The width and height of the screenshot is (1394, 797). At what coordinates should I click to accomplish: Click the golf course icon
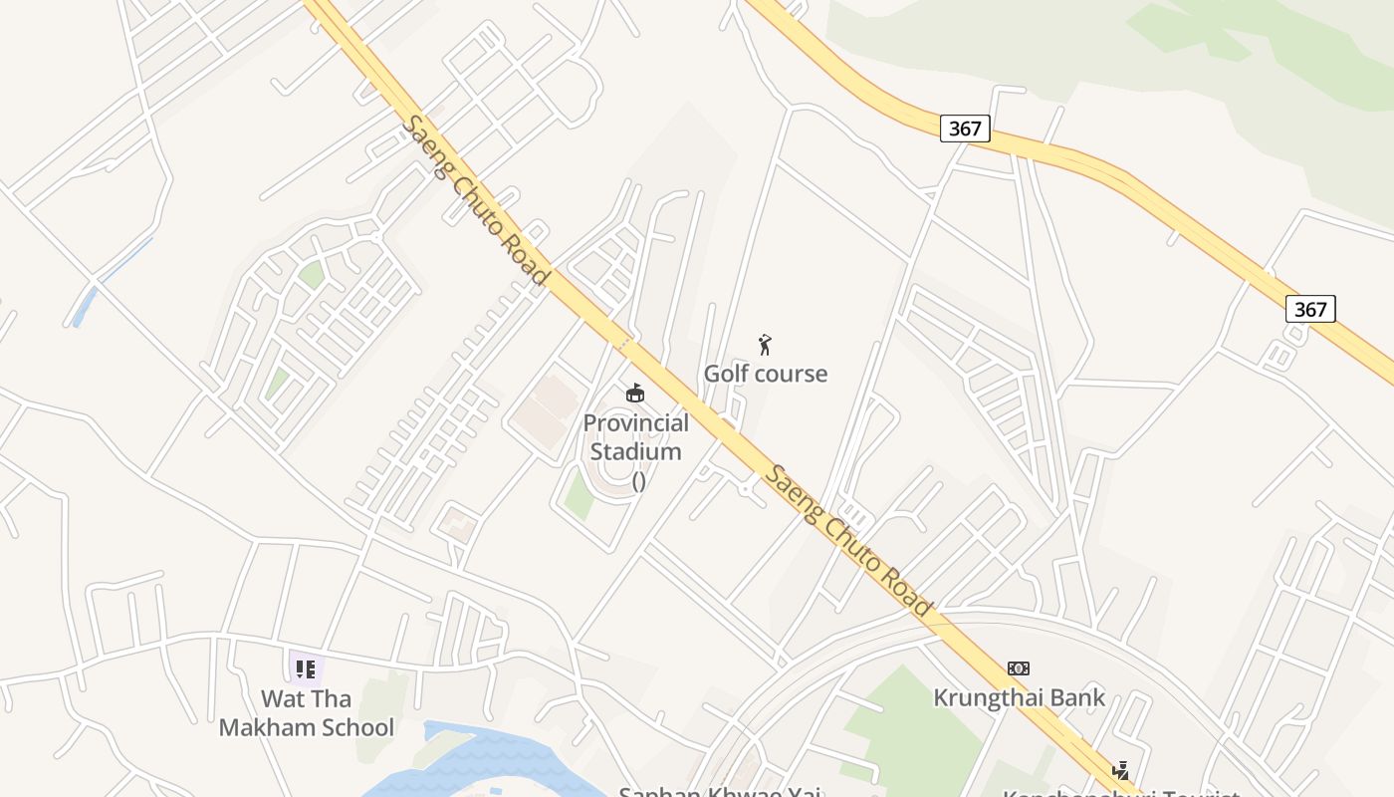(x=765, y=346)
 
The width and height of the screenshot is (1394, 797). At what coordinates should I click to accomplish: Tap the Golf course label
(x=765, y=374)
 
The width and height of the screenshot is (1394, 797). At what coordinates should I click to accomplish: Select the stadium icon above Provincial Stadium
(x=634, y=394)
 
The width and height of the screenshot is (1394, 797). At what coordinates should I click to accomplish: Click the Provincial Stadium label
(x=635, y=437)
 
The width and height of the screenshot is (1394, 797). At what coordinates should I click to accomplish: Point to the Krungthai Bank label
(x=1019, y=697)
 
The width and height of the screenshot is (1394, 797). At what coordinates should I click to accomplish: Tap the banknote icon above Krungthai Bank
(x=1018, y=668)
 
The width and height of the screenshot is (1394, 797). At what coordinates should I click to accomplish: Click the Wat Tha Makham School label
(x=306, y=713)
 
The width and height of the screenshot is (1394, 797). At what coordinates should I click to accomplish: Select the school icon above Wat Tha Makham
(x=306, y=668)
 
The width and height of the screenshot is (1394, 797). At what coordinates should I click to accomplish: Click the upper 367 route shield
(x=964, y=129)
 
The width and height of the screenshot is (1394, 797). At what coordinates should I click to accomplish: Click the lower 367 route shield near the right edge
(x=1309, y=309)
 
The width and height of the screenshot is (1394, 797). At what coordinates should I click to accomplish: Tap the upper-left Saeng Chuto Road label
(x=476, y=199)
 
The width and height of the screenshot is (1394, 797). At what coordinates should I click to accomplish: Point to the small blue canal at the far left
(x=85, y=305)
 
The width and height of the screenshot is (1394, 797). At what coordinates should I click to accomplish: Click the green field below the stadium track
(x=579, y=495)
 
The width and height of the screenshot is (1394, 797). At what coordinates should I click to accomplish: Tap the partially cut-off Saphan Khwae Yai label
(x=719, y=792)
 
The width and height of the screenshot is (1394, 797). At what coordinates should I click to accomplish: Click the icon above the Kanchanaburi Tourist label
(x=1121, y=770)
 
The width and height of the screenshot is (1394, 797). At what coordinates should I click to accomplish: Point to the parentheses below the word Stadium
(x=638, y=480)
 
